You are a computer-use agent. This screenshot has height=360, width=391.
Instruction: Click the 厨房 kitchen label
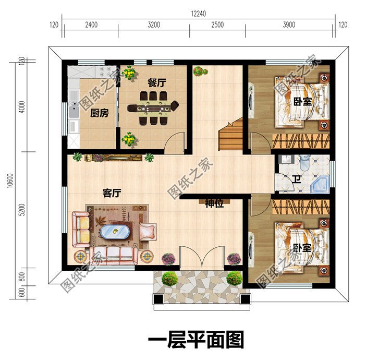[x=99, y=113]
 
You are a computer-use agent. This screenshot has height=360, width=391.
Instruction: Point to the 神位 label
[x=214, y=204]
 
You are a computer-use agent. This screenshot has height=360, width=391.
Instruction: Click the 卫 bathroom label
[x=297, y=180]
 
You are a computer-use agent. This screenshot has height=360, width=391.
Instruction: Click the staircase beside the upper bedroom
[x=230, y=134]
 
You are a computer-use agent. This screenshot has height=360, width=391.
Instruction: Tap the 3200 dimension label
[x=154, y=25]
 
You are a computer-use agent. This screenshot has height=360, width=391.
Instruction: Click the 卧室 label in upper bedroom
[x=302, y=101]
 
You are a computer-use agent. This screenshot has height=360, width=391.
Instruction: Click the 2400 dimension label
[x=91, y=25]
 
